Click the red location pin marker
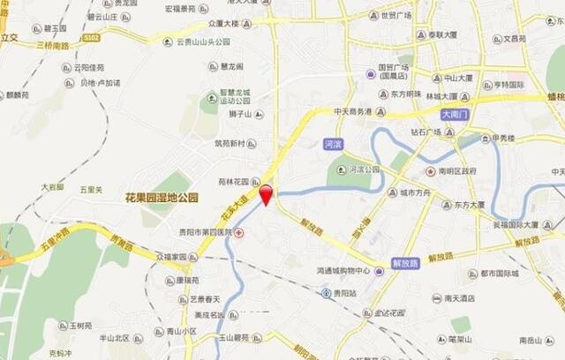(267, 194)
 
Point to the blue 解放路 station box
(404, 263)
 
